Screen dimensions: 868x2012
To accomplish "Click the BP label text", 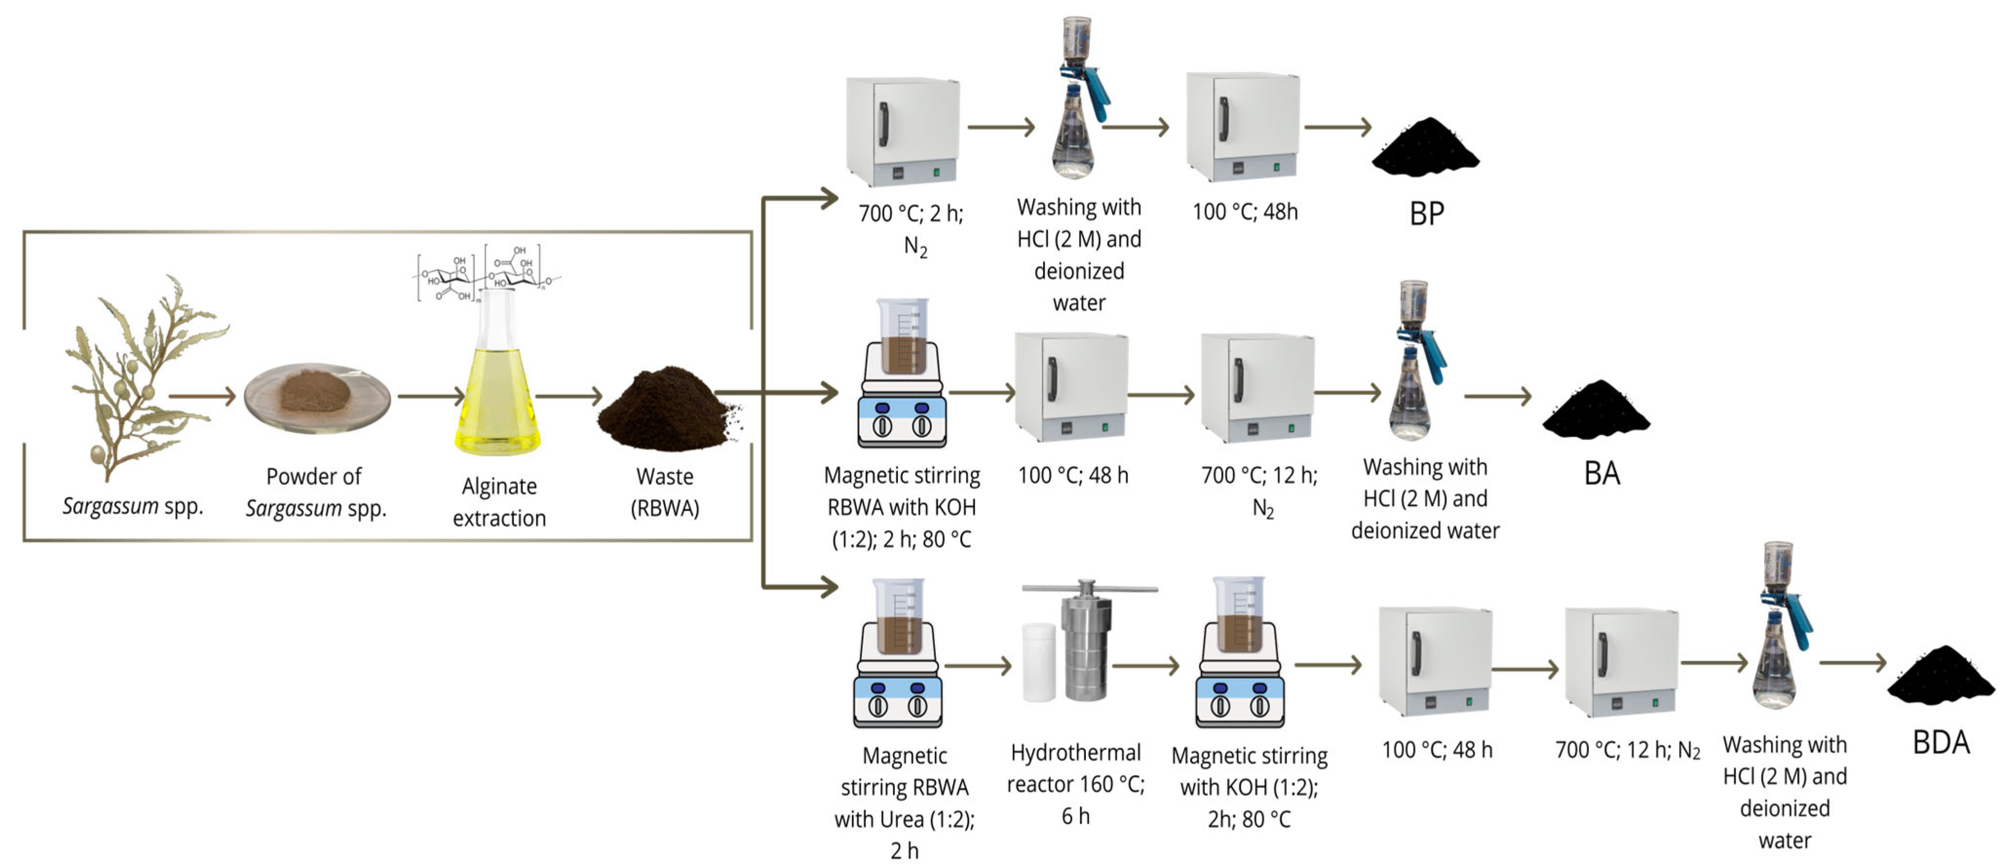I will (x=1426, y=213).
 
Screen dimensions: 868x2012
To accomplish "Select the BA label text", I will (x=1602, y=473).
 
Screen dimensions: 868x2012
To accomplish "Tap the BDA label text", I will (x=1941, y=742).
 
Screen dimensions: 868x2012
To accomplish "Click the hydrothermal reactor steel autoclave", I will (x=1087, y=641).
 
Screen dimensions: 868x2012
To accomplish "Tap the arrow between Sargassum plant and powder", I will (x=202, y=396).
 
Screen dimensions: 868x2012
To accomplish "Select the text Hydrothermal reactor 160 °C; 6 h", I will (x=1076, y=784).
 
